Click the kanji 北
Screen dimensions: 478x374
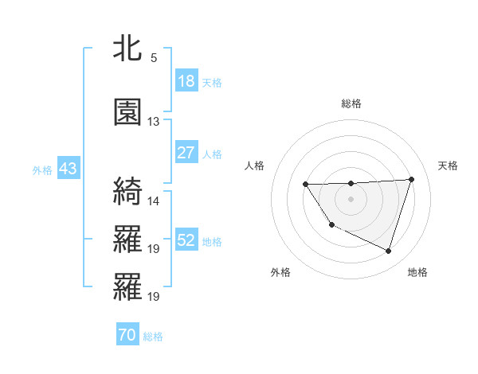coord(127,49)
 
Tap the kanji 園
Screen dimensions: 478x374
coord(127,112)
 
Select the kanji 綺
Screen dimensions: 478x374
coord(127,192)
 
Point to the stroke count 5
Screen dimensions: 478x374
coord(153,58)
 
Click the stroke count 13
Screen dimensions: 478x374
coord(154,122)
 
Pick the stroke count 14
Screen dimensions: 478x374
coord(154,201)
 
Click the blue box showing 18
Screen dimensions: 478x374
coord(186,81)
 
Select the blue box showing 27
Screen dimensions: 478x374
coord(186,153)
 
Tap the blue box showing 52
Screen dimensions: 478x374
coord(186,240)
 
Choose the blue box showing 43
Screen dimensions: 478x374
coord(68,169)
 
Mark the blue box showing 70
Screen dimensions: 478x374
coord(127,335)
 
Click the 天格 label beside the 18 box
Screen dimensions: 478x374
coord(211,82)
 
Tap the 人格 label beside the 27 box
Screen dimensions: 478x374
coord(211,154)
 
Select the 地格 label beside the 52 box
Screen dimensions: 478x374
coord(211,241)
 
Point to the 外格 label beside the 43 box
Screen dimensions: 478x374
coord(42,169)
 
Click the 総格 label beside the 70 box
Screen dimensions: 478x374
coord(153,337)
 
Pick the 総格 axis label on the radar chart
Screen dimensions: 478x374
coord(351,103)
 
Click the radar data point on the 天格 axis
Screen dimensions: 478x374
coord(411,179)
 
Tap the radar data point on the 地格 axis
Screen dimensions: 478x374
coord(388,251)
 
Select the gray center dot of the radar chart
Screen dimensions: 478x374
coord(351,198)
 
